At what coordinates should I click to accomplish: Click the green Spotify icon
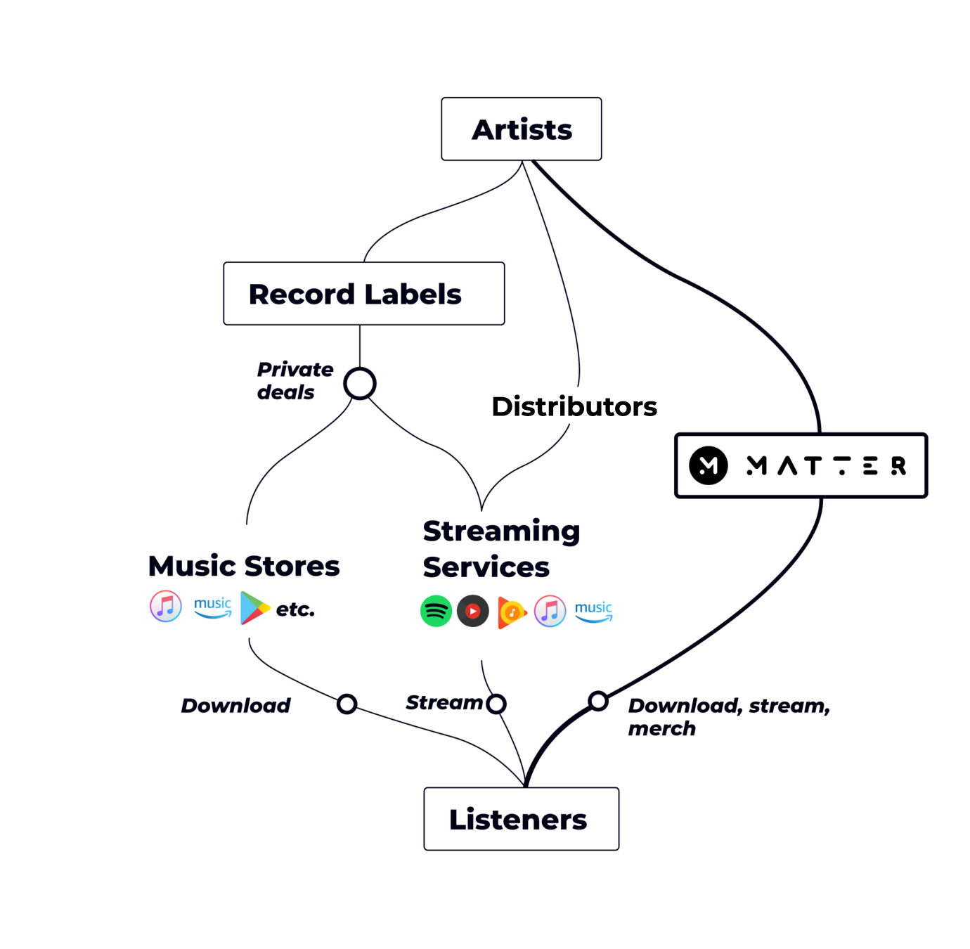pos(436,611)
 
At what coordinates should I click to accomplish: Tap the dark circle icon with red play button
pos(473,611)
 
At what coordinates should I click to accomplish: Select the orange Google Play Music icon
pos(512,612)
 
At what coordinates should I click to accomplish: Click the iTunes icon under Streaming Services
pos(550,610)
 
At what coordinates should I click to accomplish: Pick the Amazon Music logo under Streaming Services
pos(593,611)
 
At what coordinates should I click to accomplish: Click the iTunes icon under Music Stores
pos(166,606)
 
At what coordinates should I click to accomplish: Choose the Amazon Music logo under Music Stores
pos(212,607)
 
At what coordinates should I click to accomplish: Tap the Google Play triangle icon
pos(254,608)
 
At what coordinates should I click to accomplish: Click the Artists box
pos(522,130)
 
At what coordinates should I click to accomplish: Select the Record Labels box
pos(364,294)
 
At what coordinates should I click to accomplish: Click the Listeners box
pos(522,819)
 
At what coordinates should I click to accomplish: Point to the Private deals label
pos(295,380)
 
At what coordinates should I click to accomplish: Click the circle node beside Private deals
pos(360,385)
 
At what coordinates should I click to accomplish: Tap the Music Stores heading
pos(245,566)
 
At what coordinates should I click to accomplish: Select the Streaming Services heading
pos(501,549)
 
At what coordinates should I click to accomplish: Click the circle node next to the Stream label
pos(496,703)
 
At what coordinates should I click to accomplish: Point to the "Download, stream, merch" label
pos(724,716)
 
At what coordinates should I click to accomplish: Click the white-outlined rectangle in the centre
pos(576,406)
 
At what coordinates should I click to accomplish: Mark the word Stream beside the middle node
pos(444,702)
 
